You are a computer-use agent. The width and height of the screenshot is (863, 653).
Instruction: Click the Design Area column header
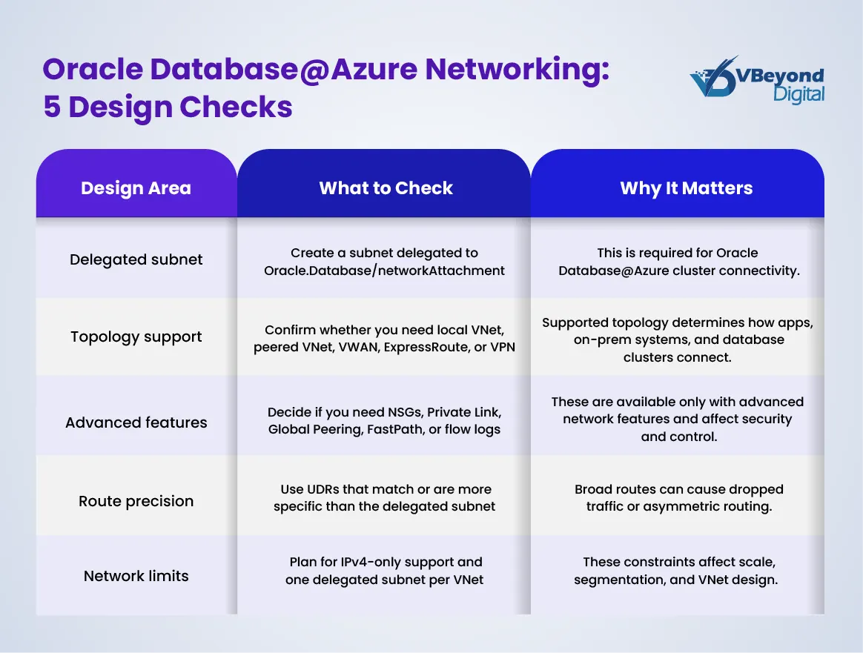136,188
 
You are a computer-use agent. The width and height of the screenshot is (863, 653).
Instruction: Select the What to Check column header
386,188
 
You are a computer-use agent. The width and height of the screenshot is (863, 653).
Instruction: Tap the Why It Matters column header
686,188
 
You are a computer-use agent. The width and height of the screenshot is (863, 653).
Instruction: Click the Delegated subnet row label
136,259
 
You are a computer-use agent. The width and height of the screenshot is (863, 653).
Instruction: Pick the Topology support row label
136,337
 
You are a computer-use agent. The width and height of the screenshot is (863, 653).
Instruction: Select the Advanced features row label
136,422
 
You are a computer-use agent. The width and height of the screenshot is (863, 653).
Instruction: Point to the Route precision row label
136,501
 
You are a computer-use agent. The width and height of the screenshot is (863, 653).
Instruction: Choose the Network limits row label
136,576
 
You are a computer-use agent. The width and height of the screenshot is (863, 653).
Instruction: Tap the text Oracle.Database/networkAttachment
384,271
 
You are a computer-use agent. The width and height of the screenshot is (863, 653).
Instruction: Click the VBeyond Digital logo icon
712,79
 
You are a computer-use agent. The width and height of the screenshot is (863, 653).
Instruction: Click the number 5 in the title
51,107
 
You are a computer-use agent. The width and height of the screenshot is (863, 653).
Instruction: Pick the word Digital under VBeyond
798,94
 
